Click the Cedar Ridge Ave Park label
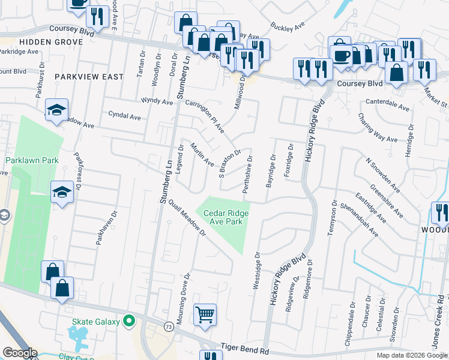[x=226, y=217]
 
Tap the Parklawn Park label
[x=32, y=161]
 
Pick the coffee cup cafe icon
[x=342, y=55]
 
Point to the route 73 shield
[x=169, y=326]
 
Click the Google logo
[x=19, y=353]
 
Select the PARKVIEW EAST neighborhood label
[x=89, y=77]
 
